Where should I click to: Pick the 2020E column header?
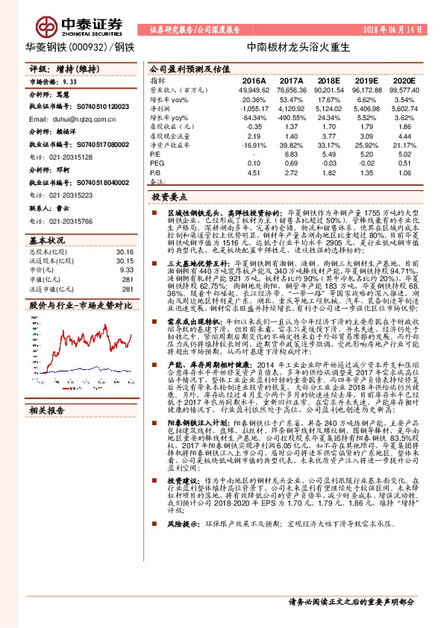402,80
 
